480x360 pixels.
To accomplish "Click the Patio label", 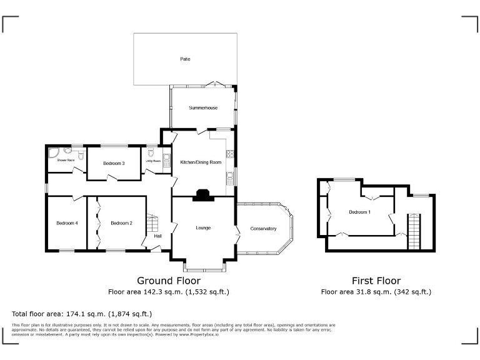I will click(x=185, y=59).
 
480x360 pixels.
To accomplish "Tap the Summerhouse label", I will click(x=203, y=107).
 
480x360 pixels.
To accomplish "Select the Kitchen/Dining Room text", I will click(x=201, y=162).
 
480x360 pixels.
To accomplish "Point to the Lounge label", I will click(x=203, y=227).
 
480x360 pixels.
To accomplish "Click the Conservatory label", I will click(x=263, y=229).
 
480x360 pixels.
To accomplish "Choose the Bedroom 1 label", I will click(x=359, y=212).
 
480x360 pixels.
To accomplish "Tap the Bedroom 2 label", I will click(x=121, y=223).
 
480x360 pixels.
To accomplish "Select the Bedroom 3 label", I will click(x=114, y=163).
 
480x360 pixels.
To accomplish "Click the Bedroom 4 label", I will click(x=67, y=223).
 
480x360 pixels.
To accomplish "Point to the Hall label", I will click(x=158, y=236).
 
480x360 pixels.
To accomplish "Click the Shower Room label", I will click(x=66, y=161).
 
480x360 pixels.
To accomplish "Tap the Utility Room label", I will click(x=154, y=161).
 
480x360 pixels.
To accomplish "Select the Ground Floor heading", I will click(x=164, y=281).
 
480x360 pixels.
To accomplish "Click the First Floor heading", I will click(x=376, y=281).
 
